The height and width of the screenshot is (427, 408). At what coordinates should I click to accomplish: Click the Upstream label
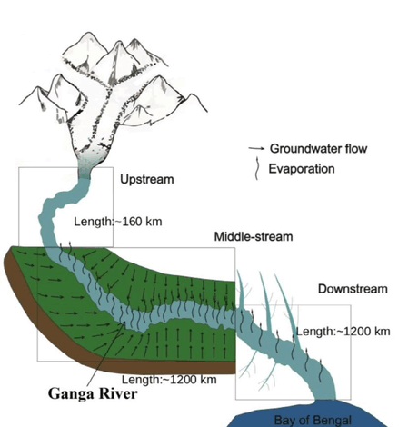tap(147, 179)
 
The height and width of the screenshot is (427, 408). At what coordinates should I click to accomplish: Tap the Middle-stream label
tap(254, 236)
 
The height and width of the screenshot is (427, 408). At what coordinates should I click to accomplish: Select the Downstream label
tap(353, 289)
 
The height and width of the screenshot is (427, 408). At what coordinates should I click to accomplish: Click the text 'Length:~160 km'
tap(118, 222)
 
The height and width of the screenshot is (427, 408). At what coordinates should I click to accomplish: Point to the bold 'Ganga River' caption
tap(93, 393)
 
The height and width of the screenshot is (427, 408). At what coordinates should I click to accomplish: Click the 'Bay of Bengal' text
tap(313, 420)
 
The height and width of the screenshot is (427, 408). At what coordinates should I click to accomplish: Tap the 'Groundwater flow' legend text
tap(318, 148)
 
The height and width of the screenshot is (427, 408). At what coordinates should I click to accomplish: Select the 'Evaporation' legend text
tap(302, 169)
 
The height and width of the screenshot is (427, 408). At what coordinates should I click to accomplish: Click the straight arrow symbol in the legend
tap(256, 148)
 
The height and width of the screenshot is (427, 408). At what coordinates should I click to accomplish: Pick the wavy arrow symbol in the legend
tap(256, 168)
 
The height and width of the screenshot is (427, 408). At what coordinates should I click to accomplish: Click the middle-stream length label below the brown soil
tap(169, 380)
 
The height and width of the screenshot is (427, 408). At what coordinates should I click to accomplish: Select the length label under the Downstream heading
tap(343, 332)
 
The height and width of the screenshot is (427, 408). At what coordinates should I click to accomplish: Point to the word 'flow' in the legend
tap(356, 148)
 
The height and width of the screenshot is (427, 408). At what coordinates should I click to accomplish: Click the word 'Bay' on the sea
tap(284, 421)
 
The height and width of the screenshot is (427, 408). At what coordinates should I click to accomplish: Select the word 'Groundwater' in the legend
tap(306, 148)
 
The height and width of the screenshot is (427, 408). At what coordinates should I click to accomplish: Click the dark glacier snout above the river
tap(85, 170)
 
